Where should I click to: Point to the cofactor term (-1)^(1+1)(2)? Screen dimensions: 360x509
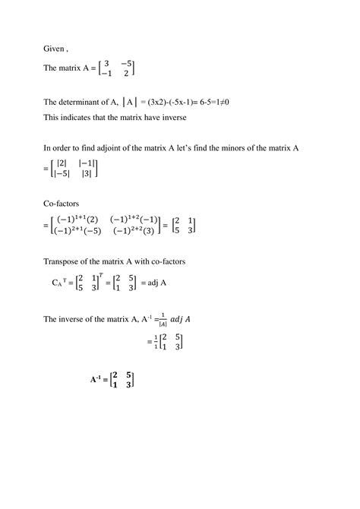pyautogui.click(x=77, y=219)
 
